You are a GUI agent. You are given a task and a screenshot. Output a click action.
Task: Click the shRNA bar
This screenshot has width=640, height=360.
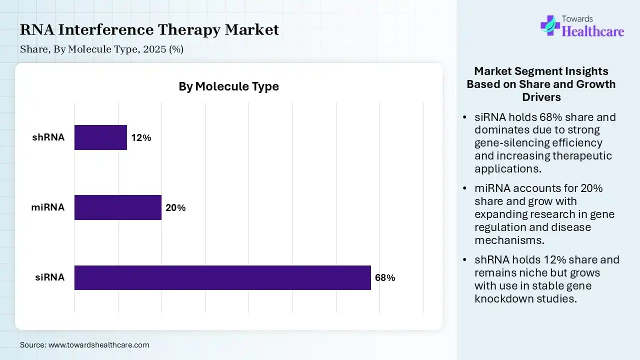100,137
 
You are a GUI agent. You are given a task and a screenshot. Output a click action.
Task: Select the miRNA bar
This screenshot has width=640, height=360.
118,207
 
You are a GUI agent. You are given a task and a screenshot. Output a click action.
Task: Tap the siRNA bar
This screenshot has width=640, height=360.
222,277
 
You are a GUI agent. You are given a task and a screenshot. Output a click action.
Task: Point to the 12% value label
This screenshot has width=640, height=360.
141,138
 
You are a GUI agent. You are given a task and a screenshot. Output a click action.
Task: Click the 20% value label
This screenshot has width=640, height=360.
175,208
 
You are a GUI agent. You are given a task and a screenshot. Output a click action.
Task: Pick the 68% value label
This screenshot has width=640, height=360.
385,278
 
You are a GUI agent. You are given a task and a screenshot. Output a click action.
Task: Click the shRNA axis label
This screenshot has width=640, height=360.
48,137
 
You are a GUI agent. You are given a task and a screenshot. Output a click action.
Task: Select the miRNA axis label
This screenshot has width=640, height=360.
48,207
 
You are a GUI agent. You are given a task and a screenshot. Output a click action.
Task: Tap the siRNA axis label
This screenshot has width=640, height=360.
50,277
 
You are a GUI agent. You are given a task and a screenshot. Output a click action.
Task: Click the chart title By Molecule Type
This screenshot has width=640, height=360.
228,86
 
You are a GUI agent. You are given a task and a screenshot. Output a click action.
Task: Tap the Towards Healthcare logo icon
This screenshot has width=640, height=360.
550,25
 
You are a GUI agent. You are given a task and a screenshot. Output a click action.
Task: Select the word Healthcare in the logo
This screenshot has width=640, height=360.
593,31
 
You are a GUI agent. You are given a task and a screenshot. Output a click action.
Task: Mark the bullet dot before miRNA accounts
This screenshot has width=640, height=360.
465,188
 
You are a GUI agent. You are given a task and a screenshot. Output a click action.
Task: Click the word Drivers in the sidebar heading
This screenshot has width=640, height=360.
541,97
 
